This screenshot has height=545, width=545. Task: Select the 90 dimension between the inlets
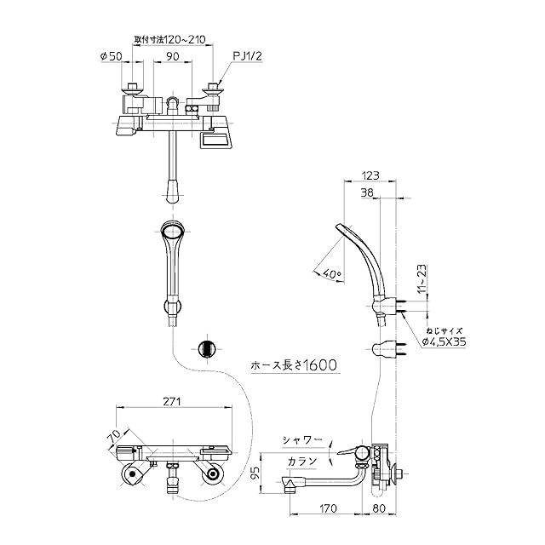[173, 56]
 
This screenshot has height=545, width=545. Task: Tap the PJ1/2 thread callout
[246, 56]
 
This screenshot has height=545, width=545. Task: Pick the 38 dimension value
[368, 193]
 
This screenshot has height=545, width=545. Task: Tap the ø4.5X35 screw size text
[444, 341]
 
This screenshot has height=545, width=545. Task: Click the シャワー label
[304, 440]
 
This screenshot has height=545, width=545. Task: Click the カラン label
[302, 461]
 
